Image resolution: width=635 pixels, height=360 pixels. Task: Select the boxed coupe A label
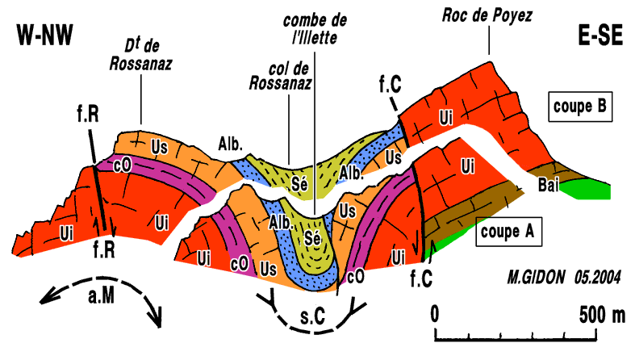pyautogui.click(x=508, y=232)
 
